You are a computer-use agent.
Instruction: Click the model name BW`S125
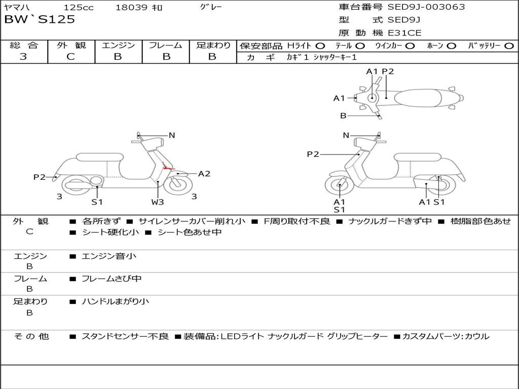point(40,20)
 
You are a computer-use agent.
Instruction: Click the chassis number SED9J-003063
point(426,7)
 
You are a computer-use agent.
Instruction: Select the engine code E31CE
point(404,33)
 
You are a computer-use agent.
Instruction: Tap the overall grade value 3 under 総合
point(23,57)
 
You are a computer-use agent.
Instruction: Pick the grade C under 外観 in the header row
point(70,57)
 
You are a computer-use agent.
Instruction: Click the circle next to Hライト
point(320,46)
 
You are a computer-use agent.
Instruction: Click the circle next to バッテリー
point(509,46)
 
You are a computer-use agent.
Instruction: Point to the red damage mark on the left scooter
point(167,166)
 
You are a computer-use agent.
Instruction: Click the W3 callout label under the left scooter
point(158,202)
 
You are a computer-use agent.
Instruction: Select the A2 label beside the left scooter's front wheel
point(204,174)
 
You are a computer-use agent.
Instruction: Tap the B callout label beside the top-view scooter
point(343,115)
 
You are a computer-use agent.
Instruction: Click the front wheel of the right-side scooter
point(340,185)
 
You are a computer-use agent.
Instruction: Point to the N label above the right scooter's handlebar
point(346,135)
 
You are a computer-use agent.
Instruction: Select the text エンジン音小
point(109,256)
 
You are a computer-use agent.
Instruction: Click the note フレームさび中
point(112,279)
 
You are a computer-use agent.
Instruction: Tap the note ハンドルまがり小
point(115,301)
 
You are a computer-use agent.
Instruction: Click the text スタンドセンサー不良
point(125,336)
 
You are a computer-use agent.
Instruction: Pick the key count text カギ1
point(298,57)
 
